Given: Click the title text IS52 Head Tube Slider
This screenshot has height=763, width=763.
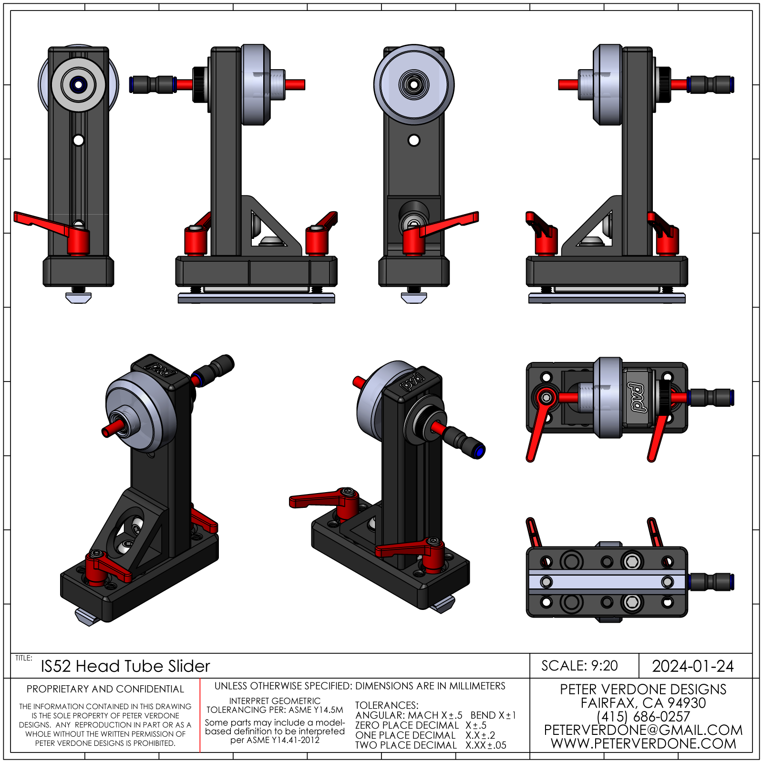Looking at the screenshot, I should [x=125, y=666].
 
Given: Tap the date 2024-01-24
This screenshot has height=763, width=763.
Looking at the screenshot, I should [x=692, y=666].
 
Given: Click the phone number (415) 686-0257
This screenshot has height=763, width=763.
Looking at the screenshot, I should [x=643, y=716].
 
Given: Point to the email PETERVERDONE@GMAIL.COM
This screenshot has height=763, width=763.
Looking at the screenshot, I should [x=643, y=730].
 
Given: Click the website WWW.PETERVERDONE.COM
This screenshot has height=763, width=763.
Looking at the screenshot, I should [x=643, y=743].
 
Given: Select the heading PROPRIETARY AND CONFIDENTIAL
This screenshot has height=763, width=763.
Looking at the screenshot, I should [x=105, y=689].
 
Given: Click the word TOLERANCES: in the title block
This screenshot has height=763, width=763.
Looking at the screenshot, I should [x=387, y=705].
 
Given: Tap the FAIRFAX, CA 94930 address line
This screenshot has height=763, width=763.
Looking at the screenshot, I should [x=643, y=703].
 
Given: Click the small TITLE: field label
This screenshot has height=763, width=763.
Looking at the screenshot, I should [x=23, y=658].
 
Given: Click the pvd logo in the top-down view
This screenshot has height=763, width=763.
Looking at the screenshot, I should [x=638, y=397].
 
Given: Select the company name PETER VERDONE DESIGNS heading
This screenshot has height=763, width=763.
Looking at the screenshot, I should [x=643, y=689].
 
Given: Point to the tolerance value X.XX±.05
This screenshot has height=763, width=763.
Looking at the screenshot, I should [x=486, y=745].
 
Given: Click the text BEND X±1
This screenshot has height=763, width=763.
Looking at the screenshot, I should [x=493, y=715].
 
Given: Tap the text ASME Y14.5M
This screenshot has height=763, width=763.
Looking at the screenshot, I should [x=316, y=710].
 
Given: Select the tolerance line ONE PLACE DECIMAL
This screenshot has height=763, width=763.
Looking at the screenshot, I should [x=405, y=735].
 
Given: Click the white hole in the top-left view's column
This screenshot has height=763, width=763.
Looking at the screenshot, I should [x=79, y=140].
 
